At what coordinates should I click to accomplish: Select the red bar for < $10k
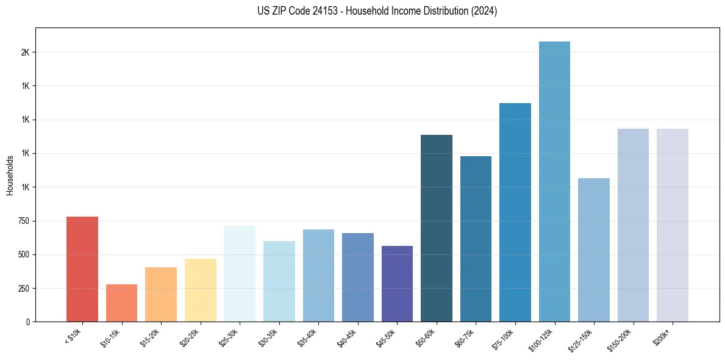tap(82, 269)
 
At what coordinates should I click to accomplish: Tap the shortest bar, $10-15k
tap(121, 303)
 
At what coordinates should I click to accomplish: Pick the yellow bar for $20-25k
tap(201, 290)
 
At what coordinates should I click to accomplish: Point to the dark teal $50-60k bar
tap(437, 228)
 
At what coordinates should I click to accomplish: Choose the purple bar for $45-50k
tap(397, 284)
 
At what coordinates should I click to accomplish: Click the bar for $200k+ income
tap(673, 225)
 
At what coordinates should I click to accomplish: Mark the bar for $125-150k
tap(594, 250)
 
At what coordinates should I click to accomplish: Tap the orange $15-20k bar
tap(161, 294)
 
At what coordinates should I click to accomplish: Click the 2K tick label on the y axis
tap(25, 52)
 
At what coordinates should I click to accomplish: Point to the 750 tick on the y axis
tap(23, 221)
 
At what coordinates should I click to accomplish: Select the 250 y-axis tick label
tap(23, 288)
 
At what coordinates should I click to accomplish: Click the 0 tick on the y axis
tap(28, 322)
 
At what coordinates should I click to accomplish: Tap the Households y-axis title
tap(10, 175)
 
